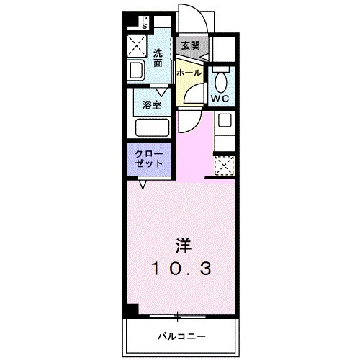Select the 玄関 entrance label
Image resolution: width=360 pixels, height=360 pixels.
click(190, 45)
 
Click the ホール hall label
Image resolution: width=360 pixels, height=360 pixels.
click(189, 73)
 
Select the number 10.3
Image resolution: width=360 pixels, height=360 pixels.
click(181, 269)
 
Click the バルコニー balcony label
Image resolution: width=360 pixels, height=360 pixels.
click(182, 336)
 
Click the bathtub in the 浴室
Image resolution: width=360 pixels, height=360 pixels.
click(151, 128)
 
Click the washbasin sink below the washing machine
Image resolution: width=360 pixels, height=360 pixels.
click(135, 71)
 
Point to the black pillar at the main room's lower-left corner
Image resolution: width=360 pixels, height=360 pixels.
click(130, 310)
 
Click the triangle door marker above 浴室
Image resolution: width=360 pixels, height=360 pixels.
click(162, 90)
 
